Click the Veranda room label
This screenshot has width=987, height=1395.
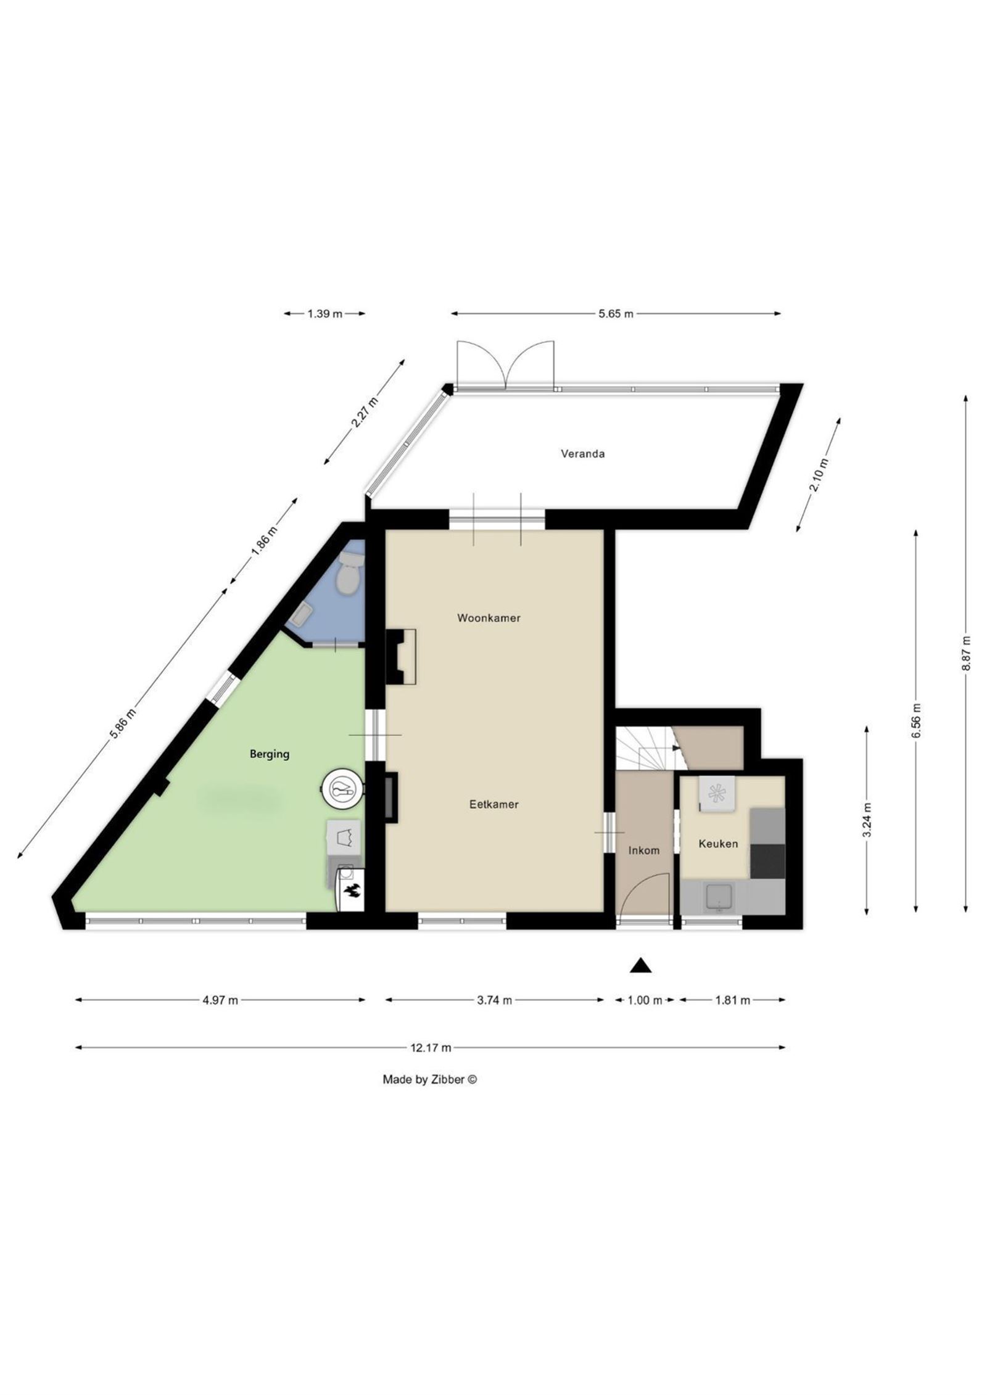pos(582,454)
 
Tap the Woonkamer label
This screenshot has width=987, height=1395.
pos(489,618)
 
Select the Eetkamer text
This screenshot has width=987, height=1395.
pos(493,804)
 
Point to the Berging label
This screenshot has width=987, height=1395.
pos(269,754)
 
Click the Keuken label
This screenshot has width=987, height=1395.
pos(717,844)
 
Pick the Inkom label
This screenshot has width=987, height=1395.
pos(643,850)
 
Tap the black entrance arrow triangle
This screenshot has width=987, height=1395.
pos(640,965)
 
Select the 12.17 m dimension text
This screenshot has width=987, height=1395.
pos(430,1047)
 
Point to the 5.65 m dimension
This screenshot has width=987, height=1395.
pos(616,314)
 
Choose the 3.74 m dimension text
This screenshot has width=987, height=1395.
pos(494,1000)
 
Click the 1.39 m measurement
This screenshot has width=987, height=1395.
pos(324,314)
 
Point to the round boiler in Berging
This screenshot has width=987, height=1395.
pos(341,788)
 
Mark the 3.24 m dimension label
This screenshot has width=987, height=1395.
pos(867,820)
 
